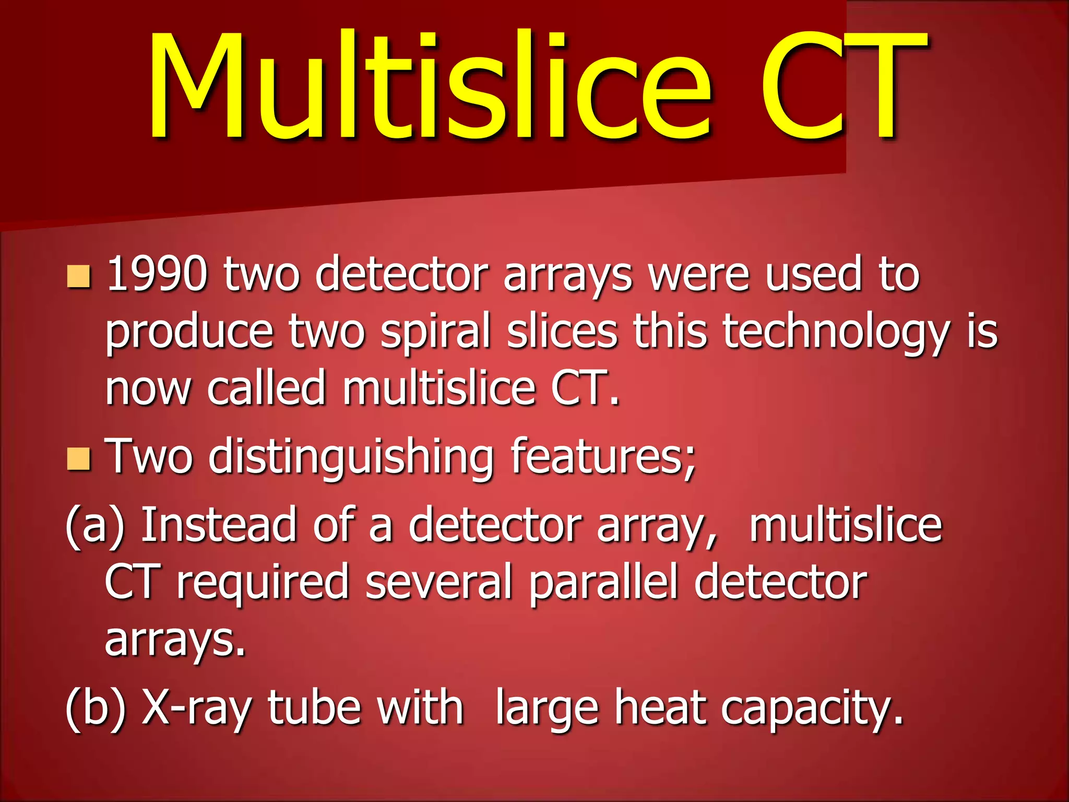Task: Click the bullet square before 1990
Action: (79, 277)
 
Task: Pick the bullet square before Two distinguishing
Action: (79, 459)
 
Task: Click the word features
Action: (603, 456)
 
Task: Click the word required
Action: (263, 583)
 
